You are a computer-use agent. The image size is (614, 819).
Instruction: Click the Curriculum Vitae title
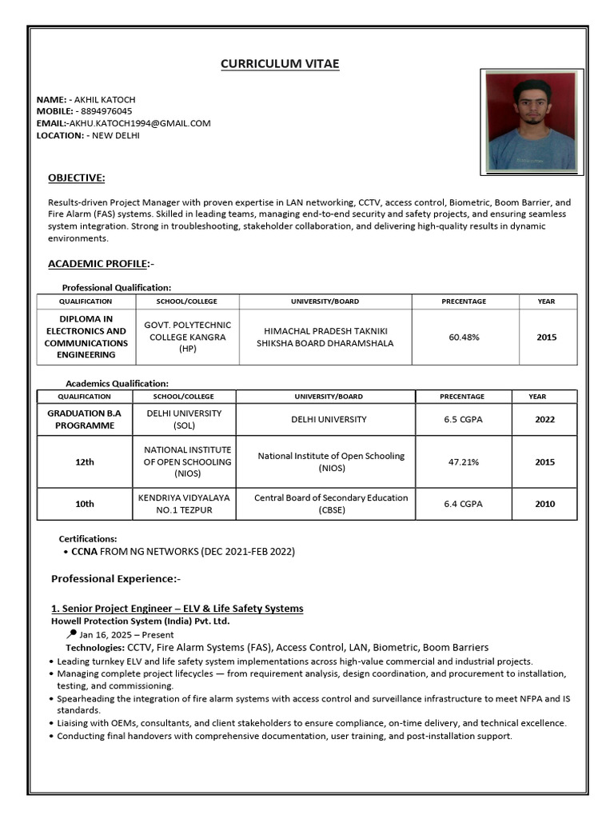(280, 64)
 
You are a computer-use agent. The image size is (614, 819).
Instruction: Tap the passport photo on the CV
(531, 122)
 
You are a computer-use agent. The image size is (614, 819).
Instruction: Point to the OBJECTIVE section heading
(76, 178)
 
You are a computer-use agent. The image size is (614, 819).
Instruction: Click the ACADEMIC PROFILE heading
(98, 263)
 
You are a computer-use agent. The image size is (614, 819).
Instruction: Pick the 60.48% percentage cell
(464, 338)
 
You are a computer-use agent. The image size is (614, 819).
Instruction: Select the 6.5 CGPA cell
(464, 419)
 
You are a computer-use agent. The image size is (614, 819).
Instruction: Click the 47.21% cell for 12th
(464, 462)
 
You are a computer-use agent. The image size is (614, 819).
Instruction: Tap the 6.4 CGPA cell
(464, 504)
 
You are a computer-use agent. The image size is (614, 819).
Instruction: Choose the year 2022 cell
(544, 419)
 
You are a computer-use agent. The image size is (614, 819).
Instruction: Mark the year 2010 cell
(544, 504)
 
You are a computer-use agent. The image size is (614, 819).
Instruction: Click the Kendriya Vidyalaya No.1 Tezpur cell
(184, 504)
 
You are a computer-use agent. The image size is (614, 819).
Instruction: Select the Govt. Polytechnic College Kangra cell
(187, 338)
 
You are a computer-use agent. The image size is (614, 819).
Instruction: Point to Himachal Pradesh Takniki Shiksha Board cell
(325, 338)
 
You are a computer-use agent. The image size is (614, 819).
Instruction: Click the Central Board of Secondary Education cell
(331, 504)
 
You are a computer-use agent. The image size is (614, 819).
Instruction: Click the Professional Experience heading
(116, 578)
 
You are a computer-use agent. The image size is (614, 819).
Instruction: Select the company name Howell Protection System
(140, 621)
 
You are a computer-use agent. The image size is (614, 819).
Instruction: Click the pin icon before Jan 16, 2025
(73, 633)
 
